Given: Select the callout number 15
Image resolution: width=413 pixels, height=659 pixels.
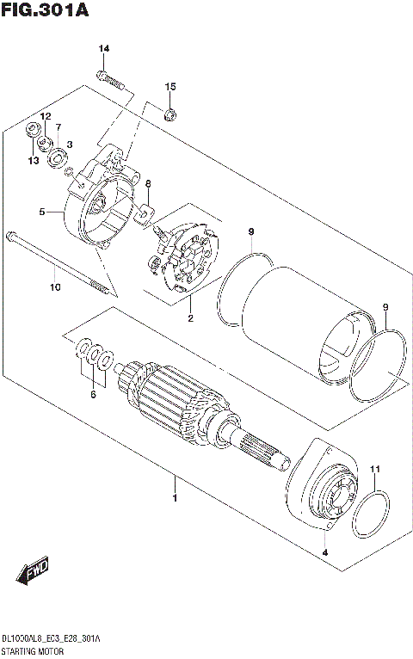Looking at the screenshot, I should point(170,87).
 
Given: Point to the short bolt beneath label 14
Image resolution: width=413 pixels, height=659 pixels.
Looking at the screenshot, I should point(112,82).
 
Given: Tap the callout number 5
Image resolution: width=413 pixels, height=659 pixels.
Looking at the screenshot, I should point(40,212).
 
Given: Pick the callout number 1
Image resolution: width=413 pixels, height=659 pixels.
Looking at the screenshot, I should point(175,498).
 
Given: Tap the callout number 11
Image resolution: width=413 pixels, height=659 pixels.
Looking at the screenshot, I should point(374,469).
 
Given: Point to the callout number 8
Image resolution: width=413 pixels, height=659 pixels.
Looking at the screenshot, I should point(147,184).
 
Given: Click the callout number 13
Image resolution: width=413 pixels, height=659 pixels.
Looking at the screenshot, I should point(33,160).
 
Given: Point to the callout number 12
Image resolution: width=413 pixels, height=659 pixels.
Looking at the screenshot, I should point(46,116).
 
